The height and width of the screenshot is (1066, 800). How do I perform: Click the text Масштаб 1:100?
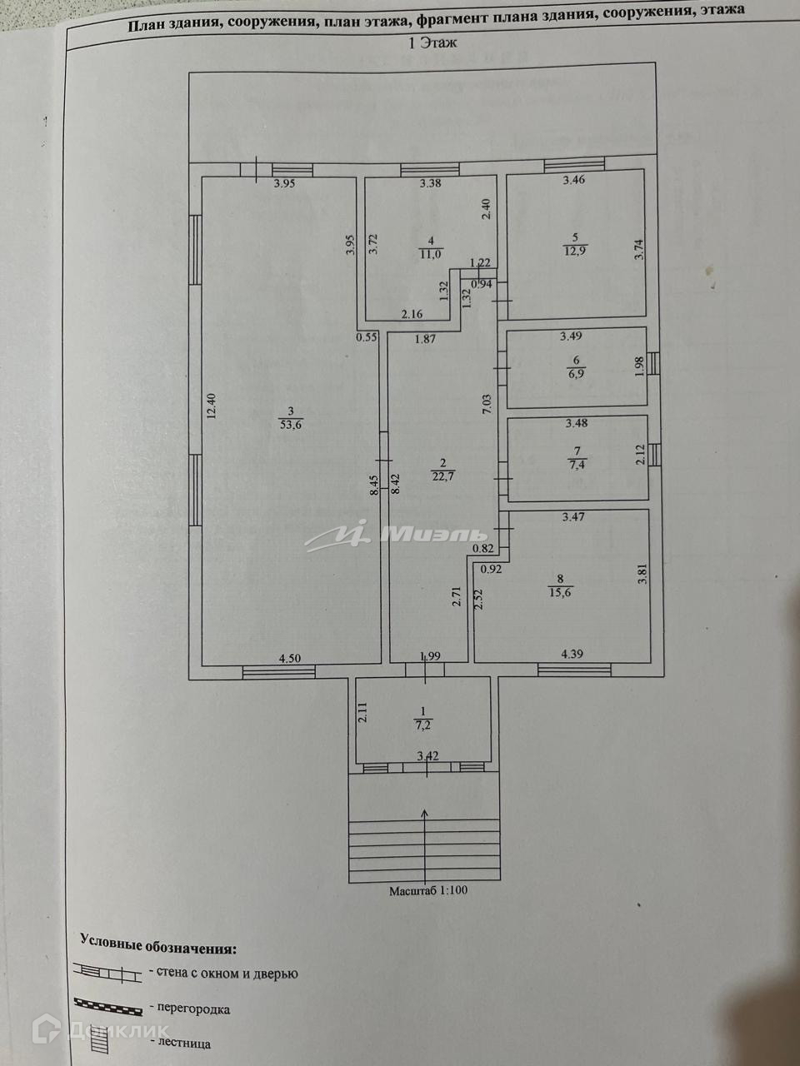click(x=428, y=890)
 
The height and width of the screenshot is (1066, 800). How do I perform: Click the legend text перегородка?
click(x=190, y=1009)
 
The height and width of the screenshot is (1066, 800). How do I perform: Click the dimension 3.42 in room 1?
click(x=427, y=756)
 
